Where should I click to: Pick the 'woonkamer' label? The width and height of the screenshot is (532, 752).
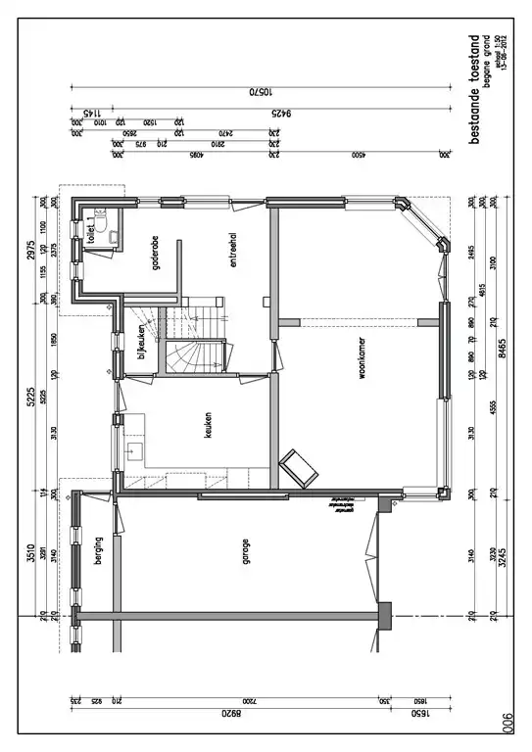pyautogui.click(x=363, y=374)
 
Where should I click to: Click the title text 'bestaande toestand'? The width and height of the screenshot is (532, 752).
pyautogui.click(x=474, y=90)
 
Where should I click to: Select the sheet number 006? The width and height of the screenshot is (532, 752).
pyautogui.click(x=508, y=723)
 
